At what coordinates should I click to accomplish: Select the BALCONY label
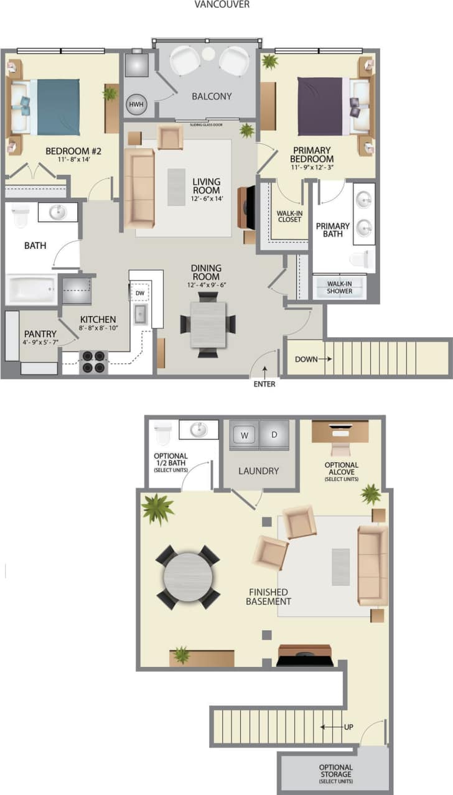pyautogui.click(x=212, y=96)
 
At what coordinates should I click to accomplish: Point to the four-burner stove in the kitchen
pyautogui.click(x=93, y=362)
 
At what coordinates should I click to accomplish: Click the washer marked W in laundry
pyautogui.click(x=244, y=435)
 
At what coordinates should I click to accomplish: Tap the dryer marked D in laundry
pyautogui.click(x=274, y=435)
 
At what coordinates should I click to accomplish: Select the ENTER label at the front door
pyautogui.click(x=264, y=384)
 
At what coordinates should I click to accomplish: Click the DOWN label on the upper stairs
pyautogui.click(x=307, y=359)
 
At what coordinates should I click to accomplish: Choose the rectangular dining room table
pyautogui.click(x=208, y=324)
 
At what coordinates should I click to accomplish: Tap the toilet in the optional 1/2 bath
pyautogui.click(x=163, y=433)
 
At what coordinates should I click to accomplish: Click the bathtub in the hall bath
pyautogui.click(x=31, y=289)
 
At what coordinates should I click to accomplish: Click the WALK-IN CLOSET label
pyautogui.click(x=289, y=216)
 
